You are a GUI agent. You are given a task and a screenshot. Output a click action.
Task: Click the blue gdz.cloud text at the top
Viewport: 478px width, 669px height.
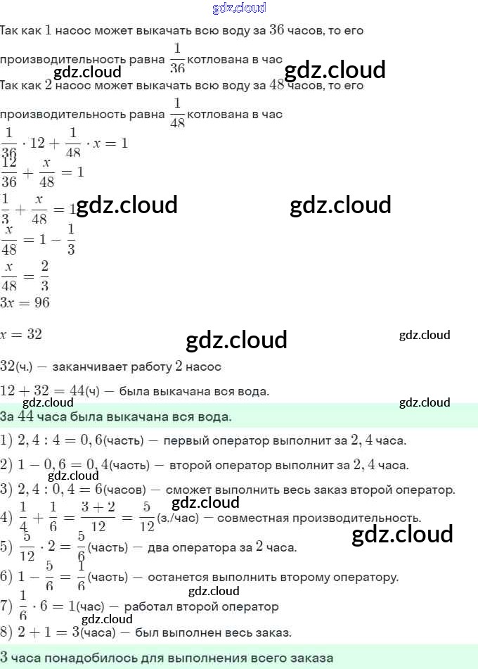239,8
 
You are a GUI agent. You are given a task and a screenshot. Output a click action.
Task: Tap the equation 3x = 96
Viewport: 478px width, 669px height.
25,302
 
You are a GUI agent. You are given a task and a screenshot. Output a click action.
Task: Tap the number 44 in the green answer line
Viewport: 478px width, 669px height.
26,416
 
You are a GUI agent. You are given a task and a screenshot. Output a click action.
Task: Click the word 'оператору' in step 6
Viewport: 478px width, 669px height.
362,578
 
